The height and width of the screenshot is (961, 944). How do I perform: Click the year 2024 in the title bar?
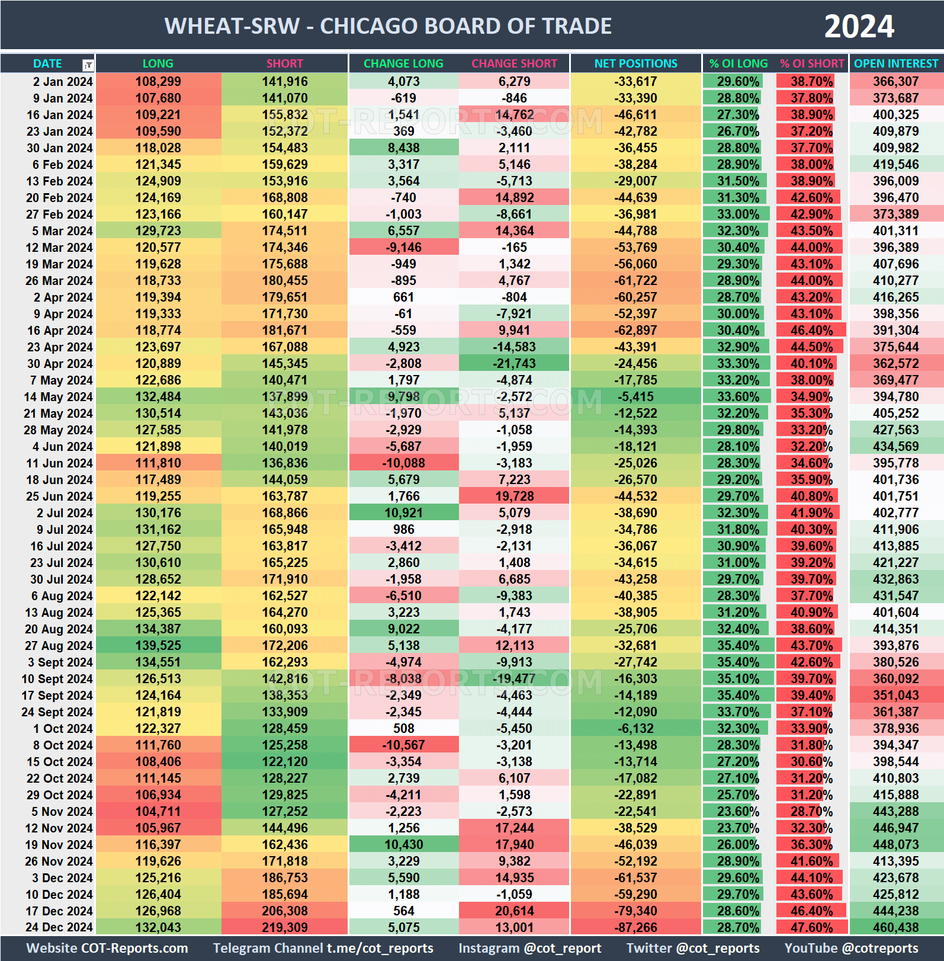[859, 26]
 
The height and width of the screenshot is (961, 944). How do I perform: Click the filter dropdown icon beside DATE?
[88, 65]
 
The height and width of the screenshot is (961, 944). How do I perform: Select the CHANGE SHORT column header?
[514, 63]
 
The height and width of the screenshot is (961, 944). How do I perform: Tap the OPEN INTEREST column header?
[895, 63]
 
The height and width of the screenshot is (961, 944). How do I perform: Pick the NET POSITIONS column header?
[635, 63]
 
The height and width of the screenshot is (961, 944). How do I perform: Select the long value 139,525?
[158, 645]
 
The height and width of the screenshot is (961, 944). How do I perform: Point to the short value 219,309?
[285, 927]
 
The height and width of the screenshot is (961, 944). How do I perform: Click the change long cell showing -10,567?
[403, 745]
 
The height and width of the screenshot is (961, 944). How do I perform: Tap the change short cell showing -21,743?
[514, 363]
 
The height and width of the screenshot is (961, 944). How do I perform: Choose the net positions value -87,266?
[635, 927]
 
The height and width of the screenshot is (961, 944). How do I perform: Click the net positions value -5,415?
[635, 396]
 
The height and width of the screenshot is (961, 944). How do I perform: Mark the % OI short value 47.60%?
[811, 927]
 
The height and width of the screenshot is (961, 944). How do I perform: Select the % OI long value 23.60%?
[738, 811]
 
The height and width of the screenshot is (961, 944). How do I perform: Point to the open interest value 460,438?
[895, 927]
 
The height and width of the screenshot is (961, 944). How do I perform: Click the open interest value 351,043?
[895, 695]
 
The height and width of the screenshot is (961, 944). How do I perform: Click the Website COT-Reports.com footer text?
[107, 948]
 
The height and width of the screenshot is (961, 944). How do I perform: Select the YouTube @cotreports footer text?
[851, 948]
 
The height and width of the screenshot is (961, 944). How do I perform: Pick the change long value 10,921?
[403, 512]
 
